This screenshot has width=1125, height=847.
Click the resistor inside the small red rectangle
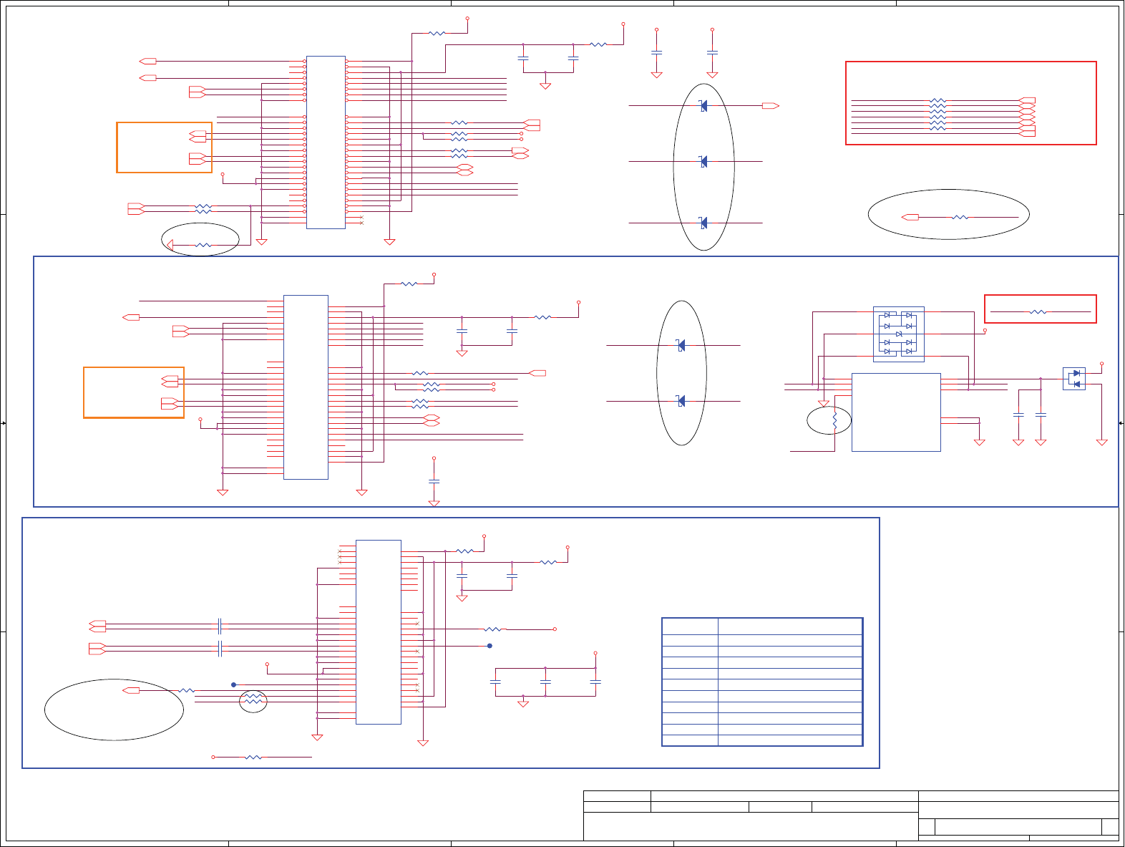pos(1038,312)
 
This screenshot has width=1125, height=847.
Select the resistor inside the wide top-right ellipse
pos(960,217)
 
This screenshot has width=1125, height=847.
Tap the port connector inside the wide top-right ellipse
pos(910,217)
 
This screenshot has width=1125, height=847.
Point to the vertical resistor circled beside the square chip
pos(834,421)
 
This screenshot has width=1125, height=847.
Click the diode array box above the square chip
pos(898,334)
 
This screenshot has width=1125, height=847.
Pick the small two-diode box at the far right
pos(1073,379)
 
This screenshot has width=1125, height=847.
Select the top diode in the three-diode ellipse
pos(703,106)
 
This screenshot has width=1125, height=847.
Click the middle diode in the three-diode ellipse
pos(703,162)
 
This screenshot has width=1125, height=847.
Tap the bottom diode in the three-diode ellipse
pos(703,223)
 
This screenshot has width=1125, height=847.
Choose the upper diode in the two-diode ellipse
pos(681,346)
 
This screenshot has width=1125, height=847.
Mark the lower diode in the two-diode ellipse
pos(681,401)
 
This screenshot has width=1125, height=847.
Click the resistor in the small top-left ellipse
pos(203,245)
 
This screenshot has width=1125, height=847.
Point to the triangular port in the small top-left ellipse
pos(170,245)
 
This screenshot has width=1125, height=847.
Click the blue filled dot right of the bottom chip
pos(490,646)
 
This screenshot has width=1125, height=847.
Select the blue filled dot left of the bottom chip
pos(233,685)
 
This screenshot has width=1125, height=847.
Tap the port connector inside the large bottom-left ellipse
pos(131,690)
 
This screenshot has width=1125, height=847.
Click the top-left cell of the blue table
pos(690,626)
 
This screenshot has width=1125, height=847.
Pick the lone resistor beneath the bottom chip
pos(253,757)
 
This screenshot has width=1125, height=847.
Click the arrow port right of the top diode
pos(770,106)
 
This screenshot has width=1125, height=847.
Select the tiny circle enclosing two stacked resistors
pos(253,701)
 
